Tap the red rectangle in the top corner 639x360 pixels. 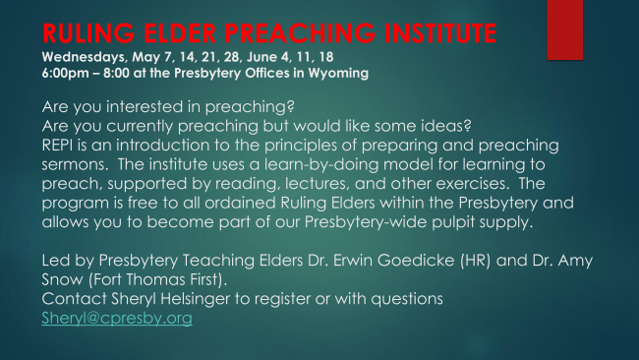(x=565, y=30)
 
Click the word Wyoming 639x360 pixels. (x=338, y=74)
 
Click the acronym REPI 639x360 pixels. (x=55, y=146)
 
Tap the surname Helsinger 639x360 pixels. (x=196, y=299)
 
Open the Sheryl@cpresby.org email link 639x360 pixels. (x=117, y=319)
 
